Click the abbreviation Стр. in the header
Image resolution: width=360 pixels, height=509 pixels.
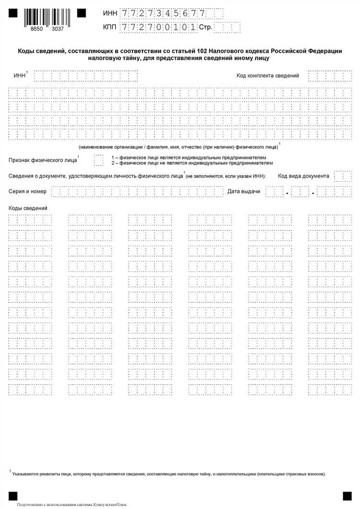pyautogui.click(x=205, y=27)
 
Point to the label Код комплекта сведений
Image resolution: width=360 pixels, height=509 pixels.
pyautogui.click(x=268, y=75)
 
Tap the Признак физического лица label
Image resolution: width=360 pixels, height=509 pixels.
pyautogui.click(x=43, y=160)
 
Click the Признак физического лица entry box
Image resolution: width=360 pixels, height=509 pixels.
pyautogui.click(x=98, y=160)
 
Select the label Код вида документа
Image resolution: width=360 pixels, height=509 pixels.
pyautogui.click(x=303, y=176)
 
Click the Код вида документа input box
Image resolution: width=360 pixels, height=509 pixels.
pyautogui.click(x=343, y=176)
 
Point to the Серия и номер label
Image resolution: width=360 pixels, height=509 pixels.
pyautogui.click(x=28, y=191)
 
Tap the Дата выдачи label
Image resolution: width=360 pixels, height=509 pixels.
pyautogui.click(x=244, y=191)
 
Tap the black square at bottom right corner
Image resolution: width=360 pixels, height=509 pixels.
pyautogui.click(x=347, y=496)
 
